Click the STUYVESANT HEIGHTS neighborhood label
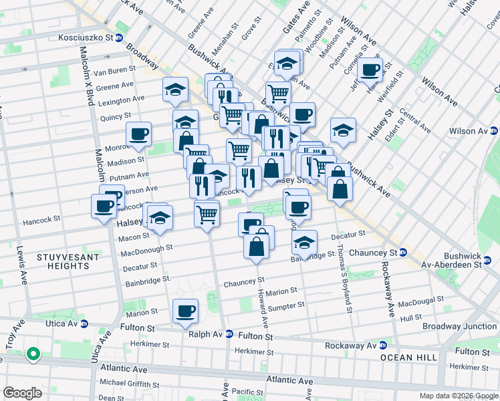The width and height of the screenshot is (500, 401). click(x=69, y=262)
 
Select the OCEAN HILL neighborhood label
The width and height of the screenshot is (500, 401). click(x=408, y=358)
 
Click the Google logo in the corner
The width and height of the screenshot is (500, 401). click(x=22, y=393)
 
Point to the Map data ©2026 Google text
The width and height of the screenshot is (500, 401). click(x=459, y=396)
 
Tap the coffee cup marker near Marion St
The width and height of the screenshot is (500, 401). click(x=185, y=311)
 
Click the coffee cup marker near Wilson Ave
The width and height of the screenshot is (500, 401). click(x=369, y=69)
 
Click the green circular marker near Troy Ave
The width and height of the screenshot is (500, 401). click(x=32, y=354)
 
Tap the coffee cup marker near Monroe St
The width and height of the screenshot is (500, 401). click(x=138, y=134)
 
